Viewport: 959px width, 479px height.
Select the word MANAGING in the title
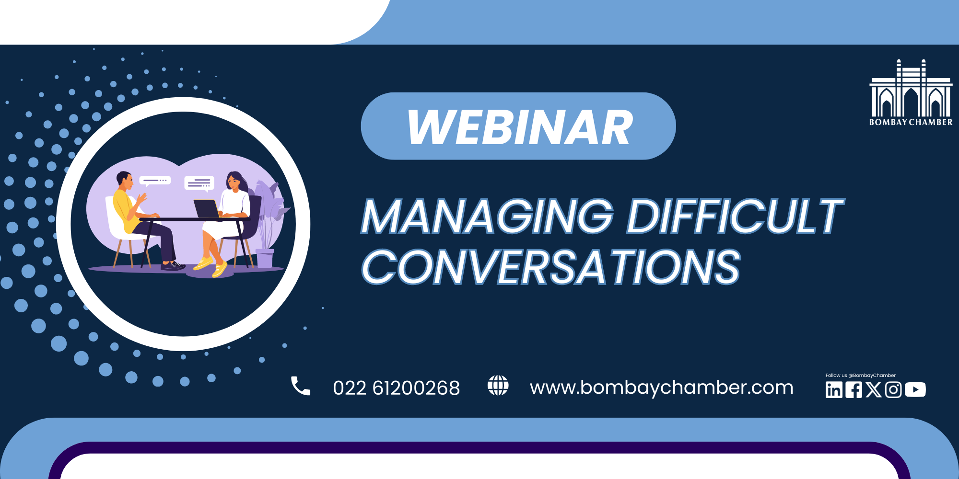487,217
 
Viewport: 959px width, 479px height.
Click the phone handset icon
301,386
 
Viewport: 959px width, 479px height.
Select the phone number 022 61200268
397,388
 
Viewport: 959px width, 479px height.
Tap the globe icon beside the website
498,386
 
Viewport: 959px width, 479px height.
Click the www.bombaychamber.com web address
662,388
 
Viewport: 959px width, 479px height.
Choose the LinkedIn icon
834,390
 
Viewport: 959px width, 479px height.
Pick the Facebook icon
854,390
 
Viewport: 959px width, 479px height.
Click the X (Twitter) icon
874,390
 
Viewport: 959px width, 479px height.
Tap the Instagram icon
893,390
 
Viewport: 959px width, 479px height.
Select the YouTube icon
915,390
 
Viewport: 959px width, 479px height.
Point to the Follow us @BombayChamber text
861,376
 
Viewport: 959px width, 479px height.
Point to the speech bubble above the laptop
199,183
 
